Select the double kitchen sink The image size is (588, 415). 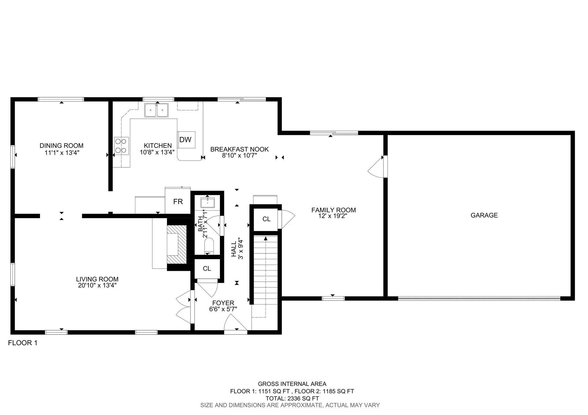point(156,110)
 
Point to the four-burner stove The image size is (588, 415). point(121,146)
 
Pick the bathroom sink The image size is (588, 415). point(208,203)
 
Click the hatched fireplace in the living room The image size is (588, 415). point(177,244)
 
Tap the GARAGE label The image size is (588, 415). point(484,215)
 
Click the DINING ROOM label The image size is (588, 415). point(62,146)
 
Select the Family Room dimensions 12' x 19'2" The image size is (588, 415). point(333,216)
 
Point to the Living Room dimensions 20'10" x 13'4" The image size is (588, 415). point(97,286)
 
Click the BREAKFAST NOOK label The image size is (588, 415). point(239,149)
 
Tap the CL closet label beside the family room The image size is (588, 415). point(266,219)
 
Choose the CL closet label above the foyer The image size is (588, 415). point(207,268)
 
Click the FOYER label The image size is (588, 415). point(223,303)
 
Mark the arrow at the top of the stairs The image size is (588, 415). point(266,238)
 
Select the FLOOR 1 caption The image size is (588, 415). point(23,343)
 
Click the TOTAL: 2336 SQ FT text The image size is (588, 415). point(292,398)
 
